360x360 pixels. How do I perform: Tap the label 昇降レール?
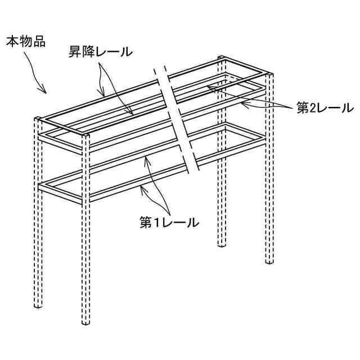(98, 52)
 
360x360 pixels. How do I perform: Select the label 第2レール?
(325, 107)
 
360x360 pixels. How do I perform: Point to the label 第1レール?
(169, 223)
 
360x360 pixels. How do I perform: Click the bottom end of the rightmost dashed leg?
(270, 262)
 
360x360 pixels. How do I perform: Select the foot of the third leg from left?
(222, 246)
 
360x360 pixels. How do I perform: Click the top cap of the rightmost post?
(271, 75)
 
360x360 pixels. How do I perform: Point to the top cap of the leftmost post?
(38, 119)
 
